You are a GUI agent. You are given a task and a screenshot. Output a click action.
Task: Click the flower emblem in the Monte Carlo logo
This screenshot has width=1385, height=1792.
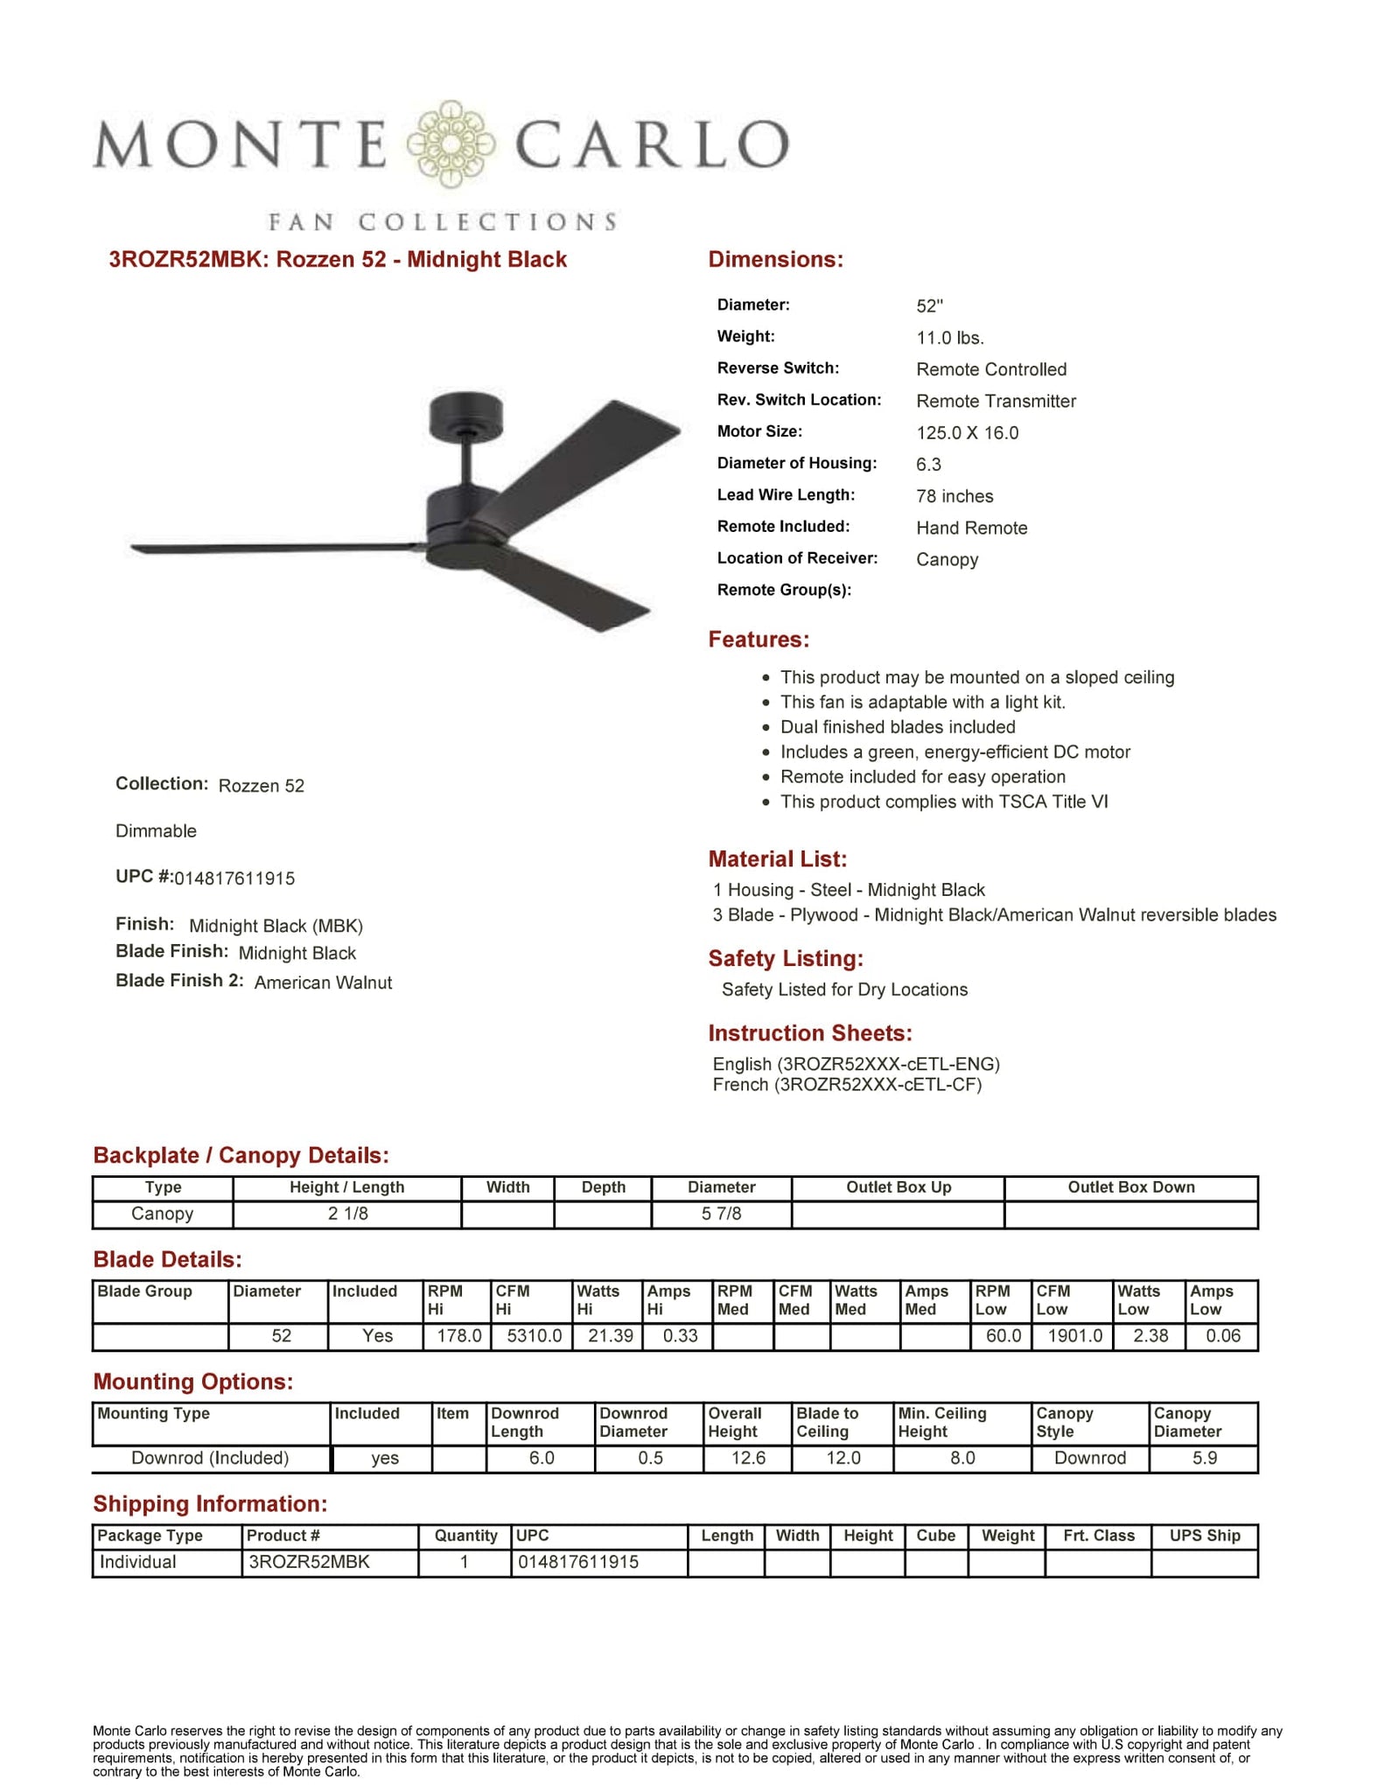tap(451, 144)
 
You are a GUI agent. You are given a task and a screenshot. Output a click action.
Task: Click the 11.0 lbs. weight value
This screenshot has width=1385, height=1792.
tap(950, 338)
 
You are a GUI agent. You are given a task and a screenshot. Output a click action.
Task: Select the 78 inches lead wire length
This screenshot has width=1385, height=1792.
tap(955, 496)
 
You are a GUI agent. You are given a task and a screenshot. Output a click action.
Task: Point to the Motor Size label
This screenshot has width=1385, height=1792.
tap(759, 431)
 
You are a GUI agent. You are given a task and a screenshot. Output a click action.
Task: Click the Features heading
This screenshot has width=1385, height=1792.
tap(759, 640)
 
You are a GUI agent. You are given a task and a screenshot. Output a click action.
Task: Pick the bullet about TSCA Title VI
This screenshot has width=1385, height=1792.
tap(943, 801)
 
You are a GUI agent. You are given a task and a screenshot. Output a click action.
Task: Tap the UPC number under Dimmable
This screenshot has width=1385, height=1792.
tap(234, 878)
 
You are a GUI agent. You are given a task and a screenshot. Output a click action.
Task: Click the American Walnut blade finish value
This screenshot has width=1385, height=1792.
tap(323, 983)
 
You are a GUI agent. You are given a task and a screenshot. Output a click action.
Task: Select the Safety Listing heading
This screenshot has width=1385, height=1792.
tap(786, 959)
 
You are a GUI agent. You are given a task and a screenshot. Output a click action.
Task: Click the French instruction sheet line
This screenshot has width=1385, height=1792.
tap(847, 1085)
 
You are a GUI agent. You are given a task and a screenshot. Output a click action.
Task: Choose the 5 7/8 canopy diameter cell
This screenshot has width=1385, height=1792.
tap(721, 1214)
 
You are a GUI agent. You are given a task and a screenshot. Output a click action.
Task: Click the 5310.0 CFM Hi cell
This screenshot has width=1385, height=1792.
tap(534, 1336)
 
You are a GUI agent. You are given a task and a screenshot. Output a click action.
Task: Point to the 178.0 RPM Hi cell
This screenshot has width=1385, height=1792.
tap(458, 1336)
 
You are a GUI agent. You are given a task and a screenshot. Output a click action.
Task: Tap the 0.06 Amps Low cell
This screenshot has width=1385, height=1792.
tap(1222, 1336)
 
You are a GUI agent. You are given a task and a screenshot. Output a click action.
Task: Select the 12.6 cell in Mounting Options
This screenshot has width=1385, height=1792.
tap(748, 1459)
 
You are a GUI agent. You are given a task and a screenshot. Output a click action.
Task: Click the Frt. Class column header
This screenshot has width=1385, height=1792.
tap(1098, 1536)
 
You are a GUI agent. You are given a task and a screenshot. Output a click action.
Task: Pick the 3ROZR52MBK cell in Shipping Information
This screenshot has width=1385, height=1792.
tap(309, 1562)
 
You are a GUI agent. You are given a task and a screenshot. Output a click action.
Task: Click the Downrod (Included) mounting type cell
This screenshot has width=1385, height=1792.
tap(210, 1459)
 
